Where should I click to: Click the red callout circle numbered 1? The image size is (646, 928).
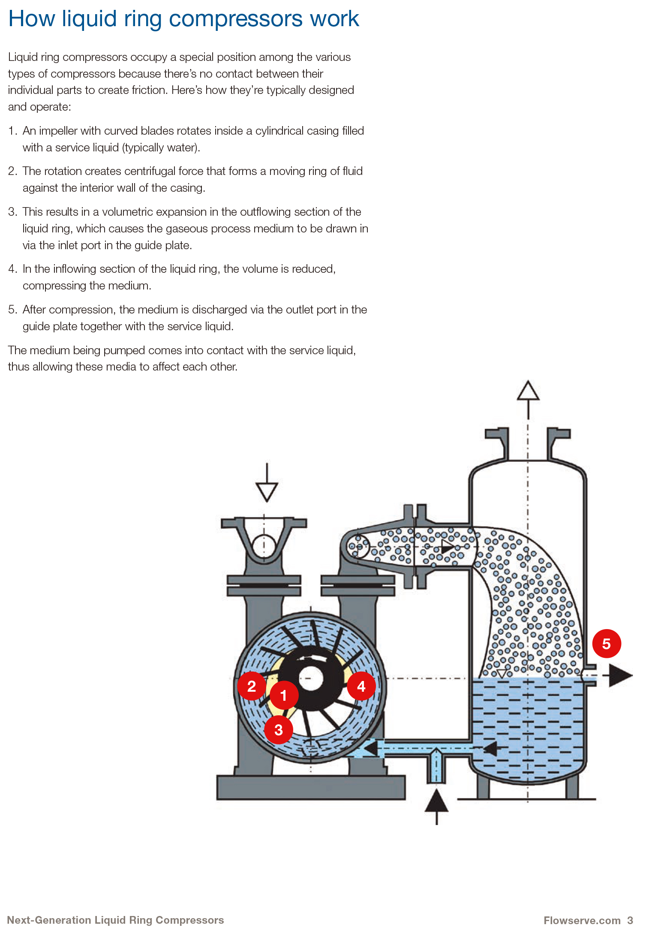pyautogui.click(x=284, y=695)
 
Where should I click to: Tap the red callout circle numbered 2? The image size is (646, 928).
pyautogui.click(x=252, y=686)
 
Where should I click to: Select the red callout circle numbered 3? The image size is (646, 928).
pyautogui.click(x=279, y=729)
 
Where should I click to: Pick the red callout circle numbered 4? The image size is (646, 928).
pyautogui.click(x=361, y=686)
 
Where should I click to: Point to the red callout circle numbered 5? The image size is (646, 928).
pyautogui.click(x=607, y=643)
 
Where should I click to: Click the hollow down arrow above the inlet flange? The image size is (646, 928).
pyautogui.click(x=267, y=491)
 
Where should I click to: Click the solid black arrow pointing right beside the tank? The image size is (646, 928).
pyautogui.click(x=620, y=675)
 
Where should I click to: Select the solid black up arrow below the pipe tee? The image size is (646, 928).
pyautogui.click(x=436, y=801)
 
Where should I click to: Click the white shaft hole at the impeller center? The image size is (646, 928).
pyautogui.click(x=311, y=678)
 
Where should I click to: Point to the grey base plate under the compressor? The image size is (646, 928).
pyautogui.click(x=311, y=787)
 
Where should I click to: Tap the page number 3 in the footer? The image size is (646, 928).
pyautogui.click(x=630, y=920)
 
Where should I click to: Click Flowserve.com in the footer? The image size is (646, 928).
pyautogui.click(x=582, y=920)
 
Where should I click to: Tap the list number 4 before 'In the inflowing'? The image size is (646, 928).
pyautogui.click(x=12, y=269)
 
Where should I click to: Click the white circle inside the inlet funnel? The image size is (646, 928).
pyautogui.click(x=264, y=546)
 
